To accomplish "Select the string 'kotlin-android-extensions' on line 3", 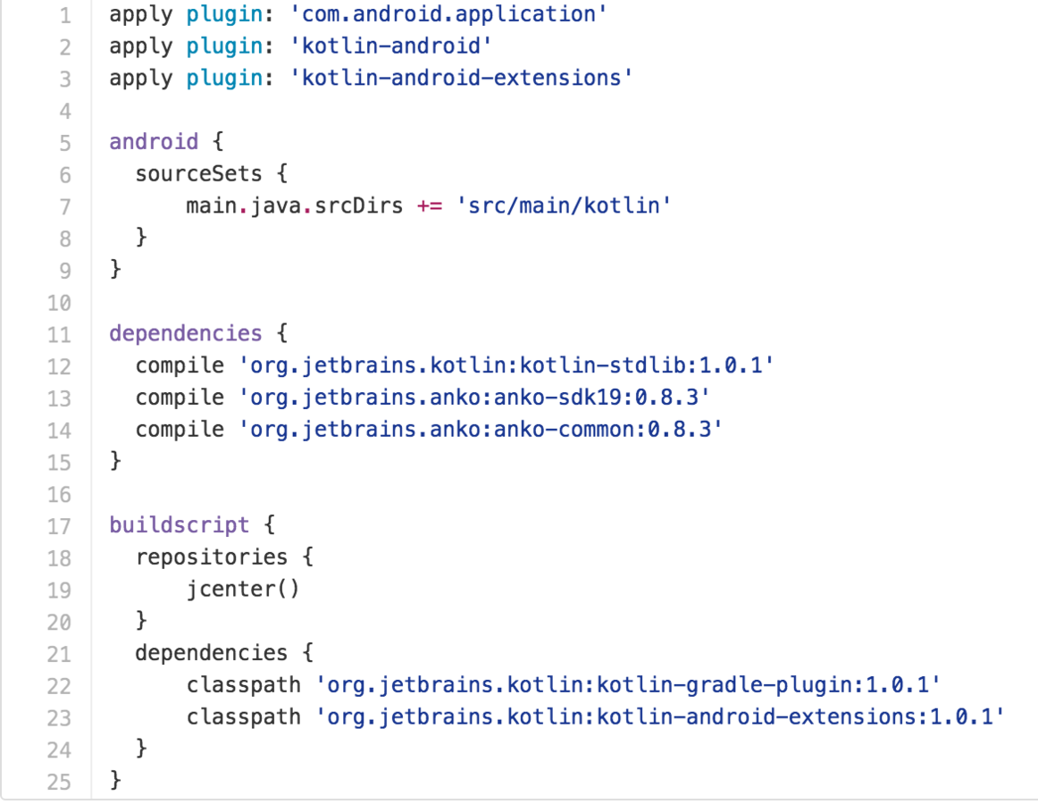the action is [461, 79].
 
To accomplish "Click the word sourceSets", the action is [198, 174].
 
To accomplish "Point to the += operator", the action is [429, 206].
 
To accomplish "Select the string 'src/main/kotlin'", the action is [563, 206].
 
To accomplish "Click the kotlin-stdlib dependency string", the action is [505, 365].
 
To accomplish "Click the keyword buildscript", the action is [180, 524].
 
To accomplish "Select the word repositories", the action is [211, 557].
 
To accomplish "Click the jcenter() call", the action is [243, 590].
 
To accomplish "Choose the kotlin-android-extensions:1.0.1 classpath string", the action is [660, 717].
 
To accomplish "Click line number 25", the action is [59, 782].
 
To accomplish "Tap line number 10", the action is [59, 303].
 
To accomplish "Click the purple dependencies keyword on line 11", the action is [186, 333].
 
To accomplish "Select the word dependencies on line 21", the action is [211, 653].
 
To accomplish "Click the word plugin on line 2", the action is [224, 46].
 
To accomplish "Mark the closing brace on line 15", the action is [114, 462].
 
